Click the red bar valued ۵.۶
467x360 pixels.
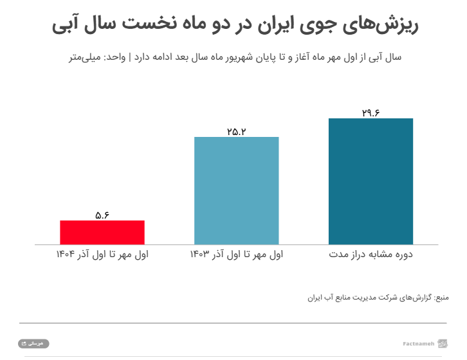point(102,232)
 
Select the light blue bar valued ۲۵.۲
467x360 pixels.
point(236,190)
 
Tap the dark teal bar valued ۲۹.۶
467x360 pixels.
point(371,181)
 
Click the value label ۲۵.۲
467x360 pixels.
point(236,132)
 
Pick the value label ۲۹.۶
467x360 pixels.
point(371,113)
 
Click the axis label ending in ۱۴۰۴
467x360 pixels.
point(102,255)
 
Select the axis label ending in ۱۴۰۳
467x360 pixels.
point(236,255)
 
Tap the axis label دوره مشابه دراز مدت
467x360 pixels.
point(371,255)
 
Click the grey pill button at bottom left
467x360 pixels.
point(33,344)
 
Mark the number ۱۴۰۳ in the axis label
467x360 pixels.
point(200,255)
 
